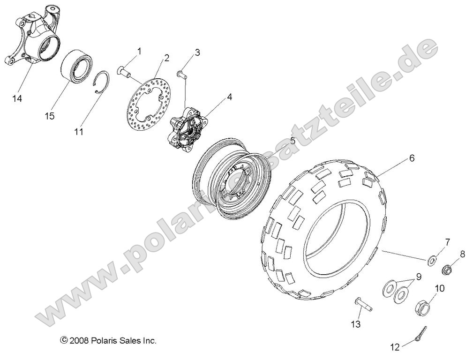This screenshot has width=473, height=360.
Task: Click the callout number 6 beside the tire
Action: coord(412,158)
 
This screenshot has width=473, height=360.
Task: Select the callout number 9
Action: coord(418,277)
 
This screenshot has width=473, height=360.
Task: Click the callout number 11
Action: coord(79,132)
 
